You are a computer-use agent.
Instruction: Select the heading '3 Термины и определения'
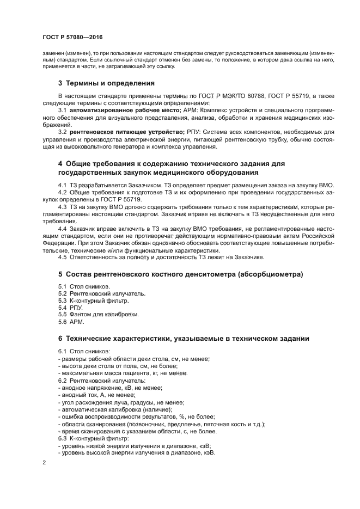click(106, 83)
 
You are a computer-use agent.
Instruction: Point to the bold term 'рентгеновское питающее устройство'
click(121, 132)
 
